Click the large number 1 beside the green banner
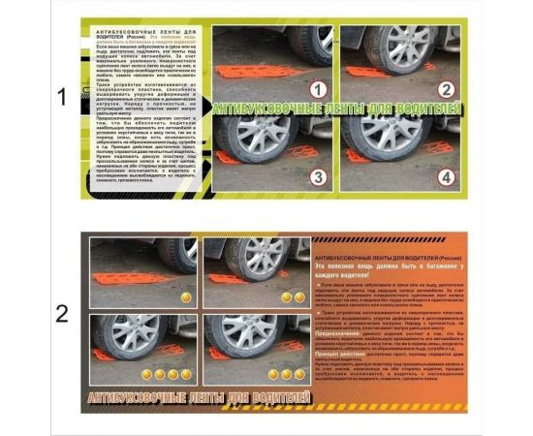coord(62,98)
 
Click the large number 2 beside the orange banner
coord(62,313)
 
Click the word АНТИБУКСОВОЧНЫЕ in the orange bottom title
coord(145,397)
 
